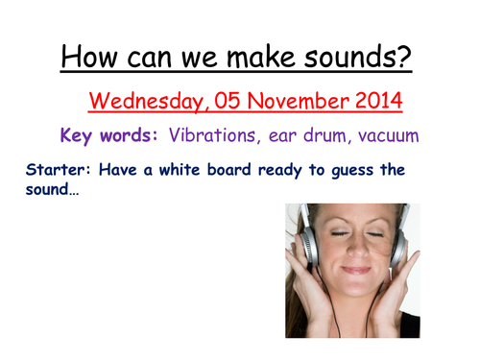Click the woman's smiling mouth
pyautogui.click(x=351, y=269)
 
